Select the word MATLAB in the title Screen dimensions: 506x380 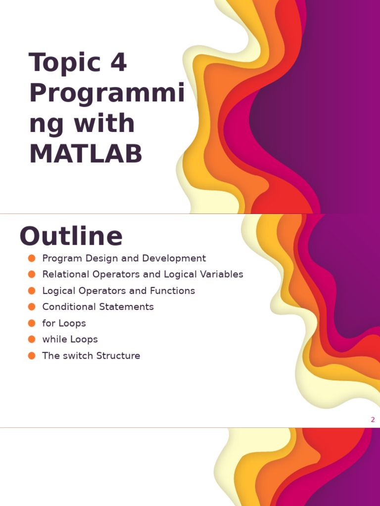coord(86,154)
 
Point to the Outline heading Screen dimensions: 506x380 coord(71,236)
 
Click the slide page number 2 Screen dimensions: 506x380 coord(373,420)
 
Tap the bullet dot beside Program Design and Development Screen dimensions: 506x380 coord(32,258)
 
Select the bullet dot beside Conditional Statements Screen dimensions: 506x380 coord(32,306)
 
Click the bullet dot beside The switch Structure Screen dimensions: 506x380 coord(32,355)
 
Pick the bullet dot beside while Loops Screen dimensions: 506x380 coord(32,339)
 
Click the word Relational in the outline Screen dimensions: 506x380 coord(64,274)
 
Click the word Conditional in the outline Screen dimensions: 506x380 coord(69,307)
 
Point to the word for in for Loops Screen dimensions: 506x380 coord(49,323)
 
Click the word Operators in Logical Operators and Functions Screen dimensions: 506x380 coord(102,291)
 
